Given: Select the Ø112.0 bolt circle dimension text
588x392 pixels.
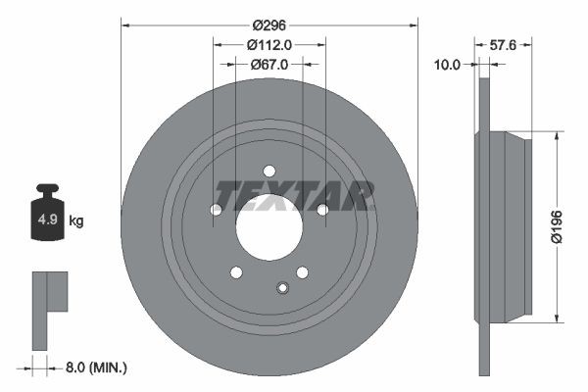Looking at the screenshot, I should point(269,44).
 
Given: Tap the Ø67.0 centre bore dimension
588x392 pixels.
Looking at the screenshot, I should point(269,65).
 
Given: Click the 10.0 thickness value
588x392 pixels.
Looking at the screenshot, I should point(447,65).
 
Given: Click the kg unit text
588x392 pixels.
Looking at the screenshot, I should point(75,221).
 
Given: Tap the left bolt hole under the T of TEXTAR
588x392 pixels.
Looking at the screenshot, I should point(217,210).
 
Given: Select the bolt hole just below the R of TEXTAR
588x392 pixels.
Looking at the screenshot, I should point(321,209).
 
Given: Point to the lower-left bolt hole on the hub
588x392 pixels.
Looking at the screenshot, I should point(235,272).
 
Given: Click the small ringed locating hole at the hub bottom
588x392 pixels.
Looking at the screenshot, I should point(282,287).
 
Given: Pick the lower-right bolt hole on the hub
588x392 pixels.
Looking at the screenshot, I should point(302,272).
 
